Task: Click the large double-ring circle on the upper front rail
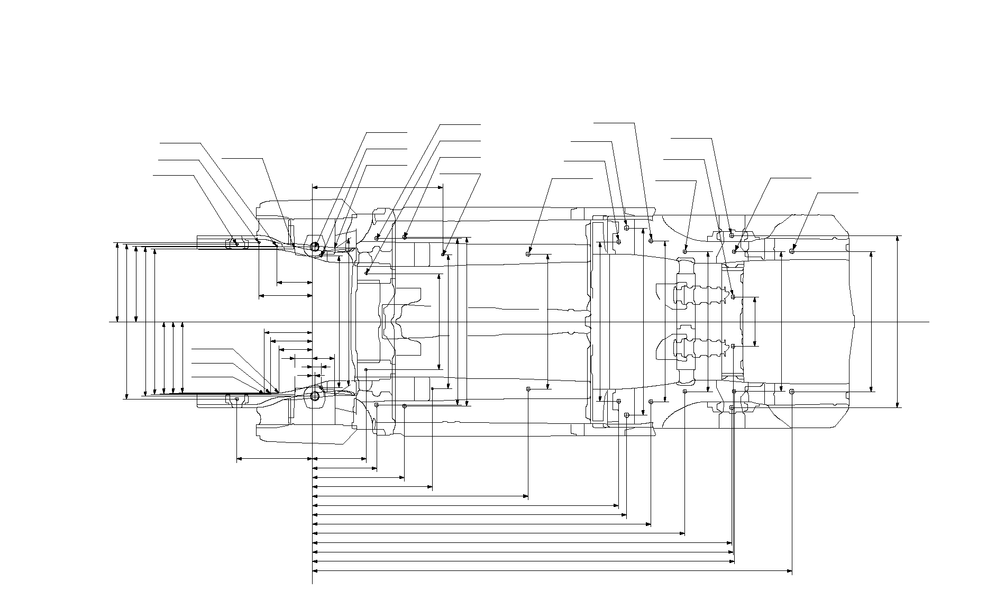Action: click(x=315, y=247)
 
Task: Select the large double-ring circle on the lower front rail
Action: click(x=315, y=396)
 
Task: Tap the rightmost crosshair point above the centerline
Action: click(x=792, y=251)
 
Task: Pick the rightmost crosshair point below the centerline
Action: click(x=792, y=392)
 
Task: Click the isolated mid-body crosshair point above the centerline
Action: click(x=528, y=254)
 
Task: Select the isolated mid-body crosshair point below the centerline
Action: click(x=528, y=389)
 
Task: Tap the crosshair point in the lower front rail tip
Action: click(x=237, y=398)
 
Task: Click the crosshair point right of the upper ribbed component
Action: click(x=733, y=297)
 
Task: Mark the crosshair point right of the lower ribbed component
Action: click(x=733, y=346)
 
